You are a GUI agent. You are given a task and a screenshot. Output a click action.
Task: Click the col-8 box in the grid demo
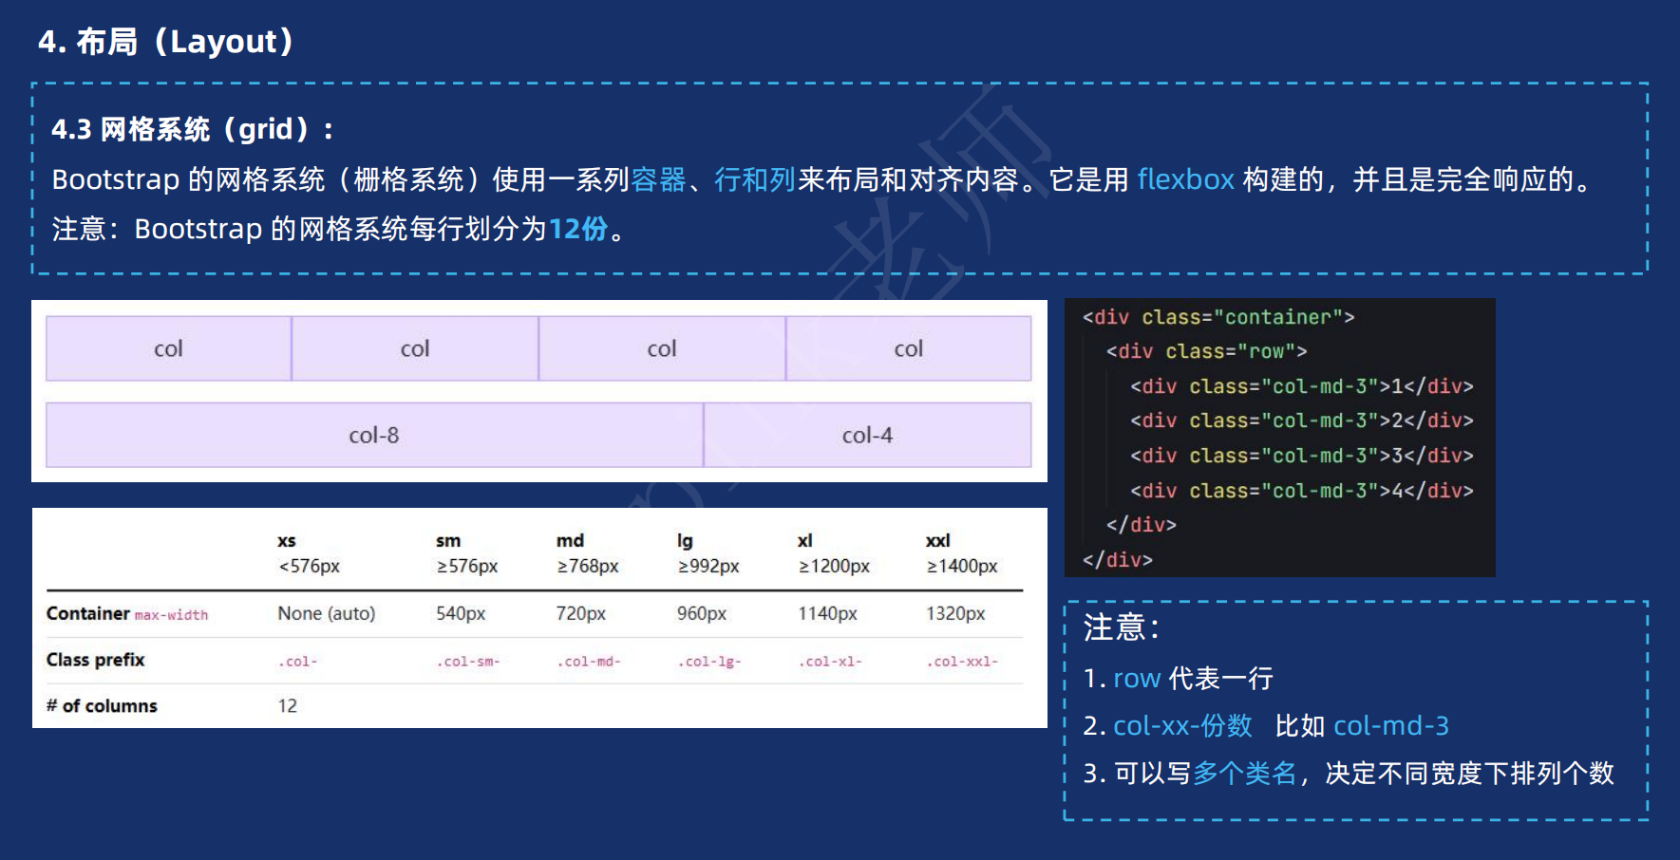[374, 435]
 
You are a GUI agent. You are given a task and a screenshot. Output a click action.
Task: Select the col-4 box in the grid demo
[867, 435]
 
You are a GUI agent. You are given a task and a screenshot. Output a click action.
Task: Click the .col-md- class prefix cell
[589, 662]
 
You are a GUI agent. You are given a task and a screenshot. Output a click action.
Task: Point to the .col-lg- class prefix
[708, 662]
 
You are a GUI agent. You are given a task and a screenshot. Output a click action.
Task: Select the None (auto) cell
[326, 614]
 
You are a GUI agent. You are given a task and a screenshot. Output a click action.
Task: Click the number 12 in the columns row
[288, 706]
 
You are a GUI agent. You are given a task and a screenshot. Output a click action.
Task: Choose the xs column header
[287, 541]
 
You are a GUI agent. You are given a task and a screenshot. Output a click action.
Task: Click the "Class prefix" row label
[96, 660]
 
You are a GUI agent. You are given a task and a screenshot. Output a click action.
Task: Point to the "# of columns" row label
[102, 706]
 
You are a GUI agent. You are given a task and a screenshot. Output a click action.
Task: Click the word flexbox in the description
[1185, 179]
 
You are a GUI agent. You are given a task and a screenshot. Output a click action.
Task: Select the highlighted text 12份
[577, 229]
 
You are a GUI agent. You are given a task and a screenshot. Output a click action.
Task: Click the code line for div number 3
[1301, 456]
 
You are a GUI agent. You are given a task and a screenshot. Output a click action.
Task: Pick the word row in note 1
[1137, 679]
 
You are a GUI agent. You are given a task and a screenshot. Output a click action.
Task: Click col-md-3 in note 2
[1391, 726]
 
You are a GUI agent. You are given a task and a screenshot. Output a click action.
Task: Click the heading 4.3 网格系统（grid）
[193, 129]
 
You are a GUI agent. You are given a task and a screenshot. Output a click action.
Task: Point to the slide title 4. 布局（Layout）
[166, 42]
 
